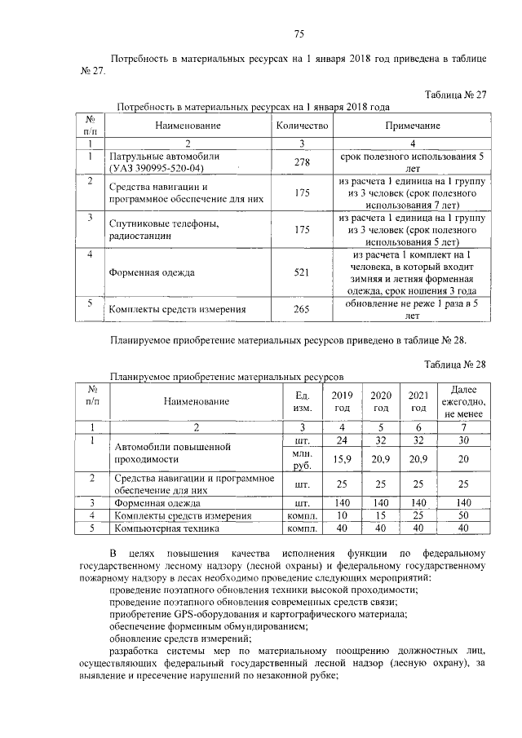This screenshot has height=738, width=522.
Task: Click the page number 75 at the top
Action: (x=299, y=33)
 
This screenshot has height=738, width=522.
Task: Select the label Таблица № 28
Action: (x=455, y=364)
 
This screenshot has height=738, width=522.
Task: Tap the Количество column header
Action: (x=302, y=126)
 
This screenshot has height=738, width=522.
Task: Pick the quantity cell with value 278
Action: (x=302, y=162)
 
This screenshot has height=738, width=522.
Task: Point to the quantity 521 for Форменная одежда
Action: (x=302, y=273)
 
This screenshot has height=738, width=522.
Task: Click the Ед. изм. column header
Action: (x=302, y=401)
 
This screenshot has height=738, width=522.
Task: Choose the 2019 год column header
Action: (x=342, y=401)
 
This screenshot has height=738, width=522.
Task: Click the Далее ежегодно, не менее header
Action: (x=463, y=401)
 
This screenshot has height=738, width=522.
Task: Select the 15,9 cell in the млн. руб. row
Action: (x=342, y=460)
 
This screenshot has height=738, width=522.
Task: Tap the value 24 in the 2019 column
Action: (x=342, y=440)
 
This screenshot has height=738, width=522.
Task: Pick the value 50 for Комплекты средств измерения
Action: (x=463, y=515)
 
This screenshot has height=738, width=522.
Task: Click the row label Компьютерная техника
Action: (x=167, y=528)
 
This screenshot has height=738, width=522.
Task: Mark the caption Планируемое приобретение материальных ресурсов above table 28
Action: (x=229, y=378)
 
